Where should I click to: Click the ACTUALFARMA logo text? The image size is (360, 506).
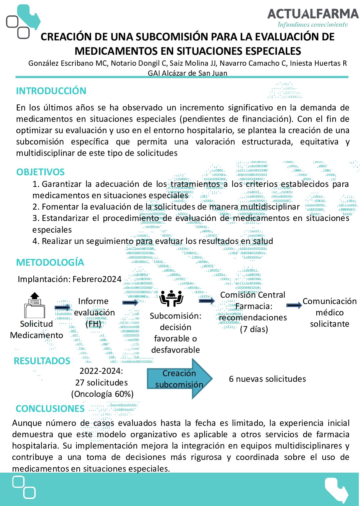coord(313,14)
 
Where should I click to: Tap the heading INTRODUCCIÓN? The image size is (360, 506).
coord(51,91)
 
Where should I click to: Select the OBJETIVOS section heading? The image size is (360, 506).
coord(40,172)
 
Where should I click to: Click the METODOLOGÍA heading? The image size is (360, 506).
coord(50,262)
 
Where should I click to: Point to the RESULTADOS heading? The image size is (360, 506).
coord(42,361)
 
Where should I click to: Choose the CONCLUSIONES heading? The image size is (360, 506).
coord(50,409)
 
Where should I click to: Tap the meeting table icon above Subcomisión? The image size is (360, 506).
coord(171,298)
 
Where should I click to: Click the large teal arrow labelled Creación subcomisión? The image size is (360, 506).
coord(179,379)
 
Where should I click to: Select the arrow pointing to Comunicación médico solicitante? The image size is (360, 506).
coord(294,305)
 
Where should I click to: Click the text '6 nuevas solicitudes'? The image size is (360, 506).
coord(267,379)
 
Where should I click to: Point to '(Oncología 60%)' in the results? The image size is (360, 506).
coord(102,394)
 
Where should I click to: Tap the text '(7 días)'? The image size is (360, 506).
coord(254,329)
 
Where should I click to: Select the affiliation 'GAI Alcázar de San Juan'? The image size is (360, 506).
coord(188,73)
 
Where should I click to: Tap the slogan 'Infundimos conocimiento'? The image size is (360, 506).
coord(313,24)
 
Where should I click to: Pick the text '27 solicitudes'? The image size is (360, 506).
coord(101,383)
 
